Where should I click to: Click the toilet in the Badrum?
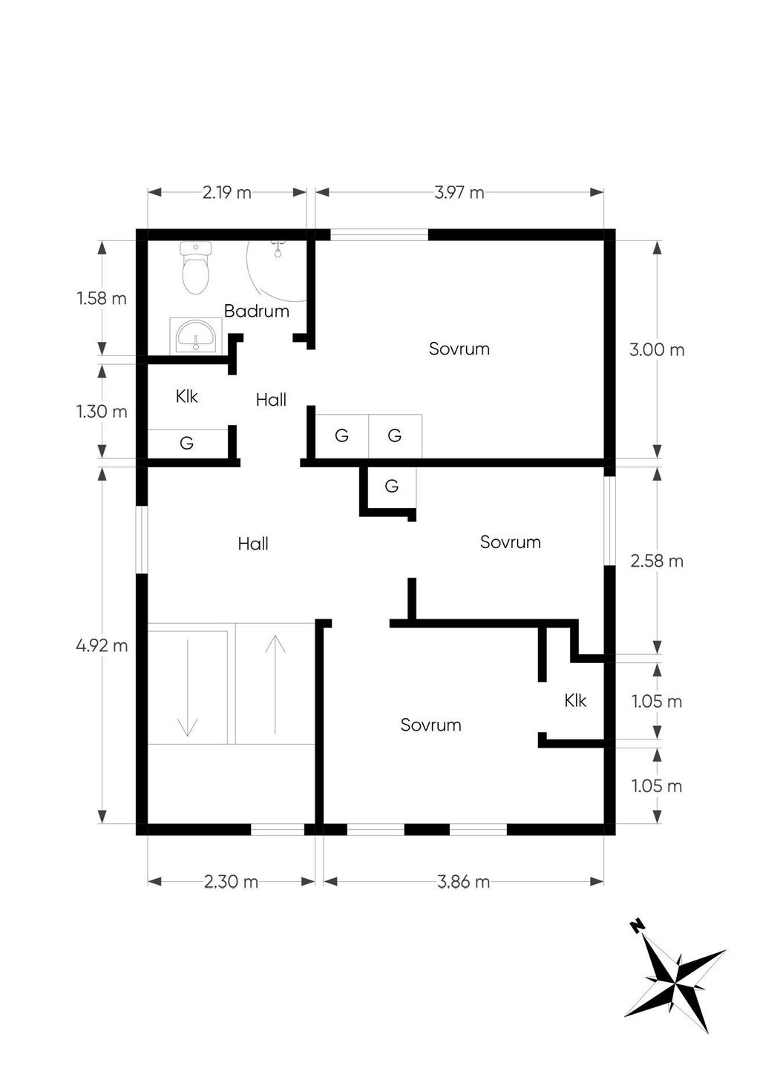tap(196, 268)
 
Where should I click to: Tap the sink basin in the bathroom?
tap(196, 335)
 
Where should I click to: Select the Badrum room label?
tap(257, 312)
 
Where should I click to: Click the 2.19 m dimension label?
tap(227, 193)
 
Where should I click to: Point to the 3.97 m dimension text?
tap(459, 193)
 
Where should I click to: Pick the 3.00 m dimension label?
tap(657, 350)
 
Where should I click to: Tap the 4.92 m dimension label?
tap(102, 646)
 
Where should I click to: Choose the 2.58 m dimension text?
tap(657, 561)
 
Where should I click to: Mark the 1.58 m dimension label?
tap(102, 299)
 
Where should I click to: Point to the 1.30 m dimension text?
tap(102, 412)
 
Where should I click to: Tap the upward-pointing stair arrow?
tap(275, 684)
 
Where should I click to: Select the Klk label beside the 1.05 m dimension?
tap(575, 700)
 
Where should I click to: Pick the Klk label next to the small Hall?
tap(186, 397)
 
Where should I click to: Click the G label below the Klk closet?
tap(186, 443)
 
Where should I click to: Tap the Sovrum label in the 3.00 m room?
tap(459, 349)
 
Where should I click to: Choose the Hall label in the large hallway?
tap(253, 543)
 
